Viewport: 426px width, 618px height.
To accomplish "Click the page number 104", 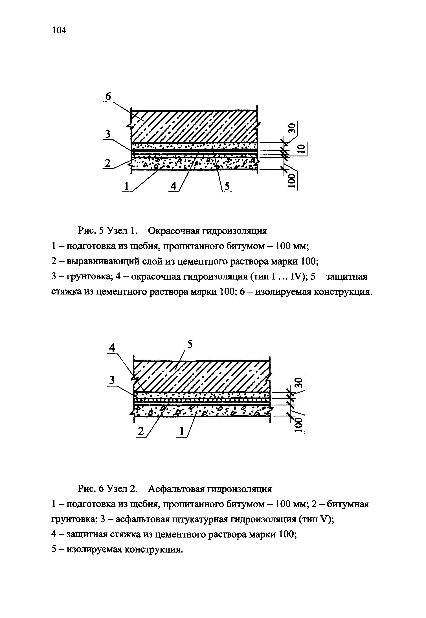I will point(59,30).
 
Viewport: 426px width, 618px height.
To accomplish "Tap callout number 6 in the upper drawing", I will point(108,96).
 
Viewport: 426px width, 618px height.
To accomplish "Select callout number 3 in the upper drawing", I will point(107,134).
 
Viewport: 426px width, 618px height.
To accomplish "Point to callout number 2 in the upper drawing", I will point(107,163).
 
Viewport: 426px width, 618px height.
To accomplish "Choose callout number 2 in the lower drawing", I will point(141,431).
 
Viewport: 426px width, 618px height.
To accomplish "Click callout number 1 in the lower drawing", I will point(182,431).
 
